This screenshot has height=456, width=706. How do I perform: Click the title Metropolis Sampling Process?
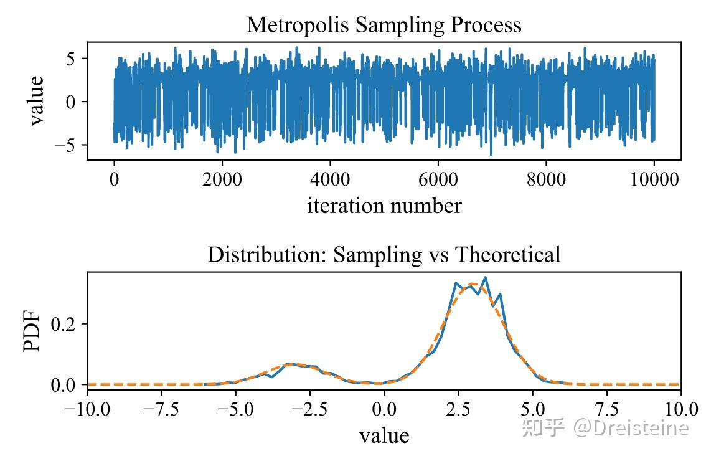click(x=384, y=25)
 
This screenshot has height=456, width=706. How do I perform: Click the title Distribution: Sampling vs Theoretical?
click(x=384, y=255)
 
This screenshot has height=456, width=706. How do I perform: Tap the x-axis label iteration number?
click(x=384, y=206)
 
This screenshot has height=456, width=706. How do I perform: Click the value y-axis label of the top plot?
click(x=36, y=100)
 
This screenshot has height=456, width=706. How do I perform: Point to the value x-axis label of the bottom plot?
click(x=384, y=435)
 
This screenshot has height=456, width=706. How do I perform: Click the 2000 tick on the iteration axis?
click(x=222, y=179)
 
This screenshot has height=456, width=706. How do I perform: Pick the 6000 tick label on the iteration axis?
click(x=438, y=179)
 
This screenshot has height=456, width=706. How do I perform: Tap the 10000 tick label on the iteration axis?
click(x=654, y=179)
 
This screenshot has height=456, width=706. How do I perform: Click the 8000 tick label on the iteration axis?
click(x=545, y=179)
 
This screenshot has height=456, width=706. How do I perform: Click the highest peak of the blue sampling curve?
click(x=485, y=277)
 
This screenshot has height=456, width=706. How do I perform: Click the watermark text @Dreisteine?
click(x=631, y=428)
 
